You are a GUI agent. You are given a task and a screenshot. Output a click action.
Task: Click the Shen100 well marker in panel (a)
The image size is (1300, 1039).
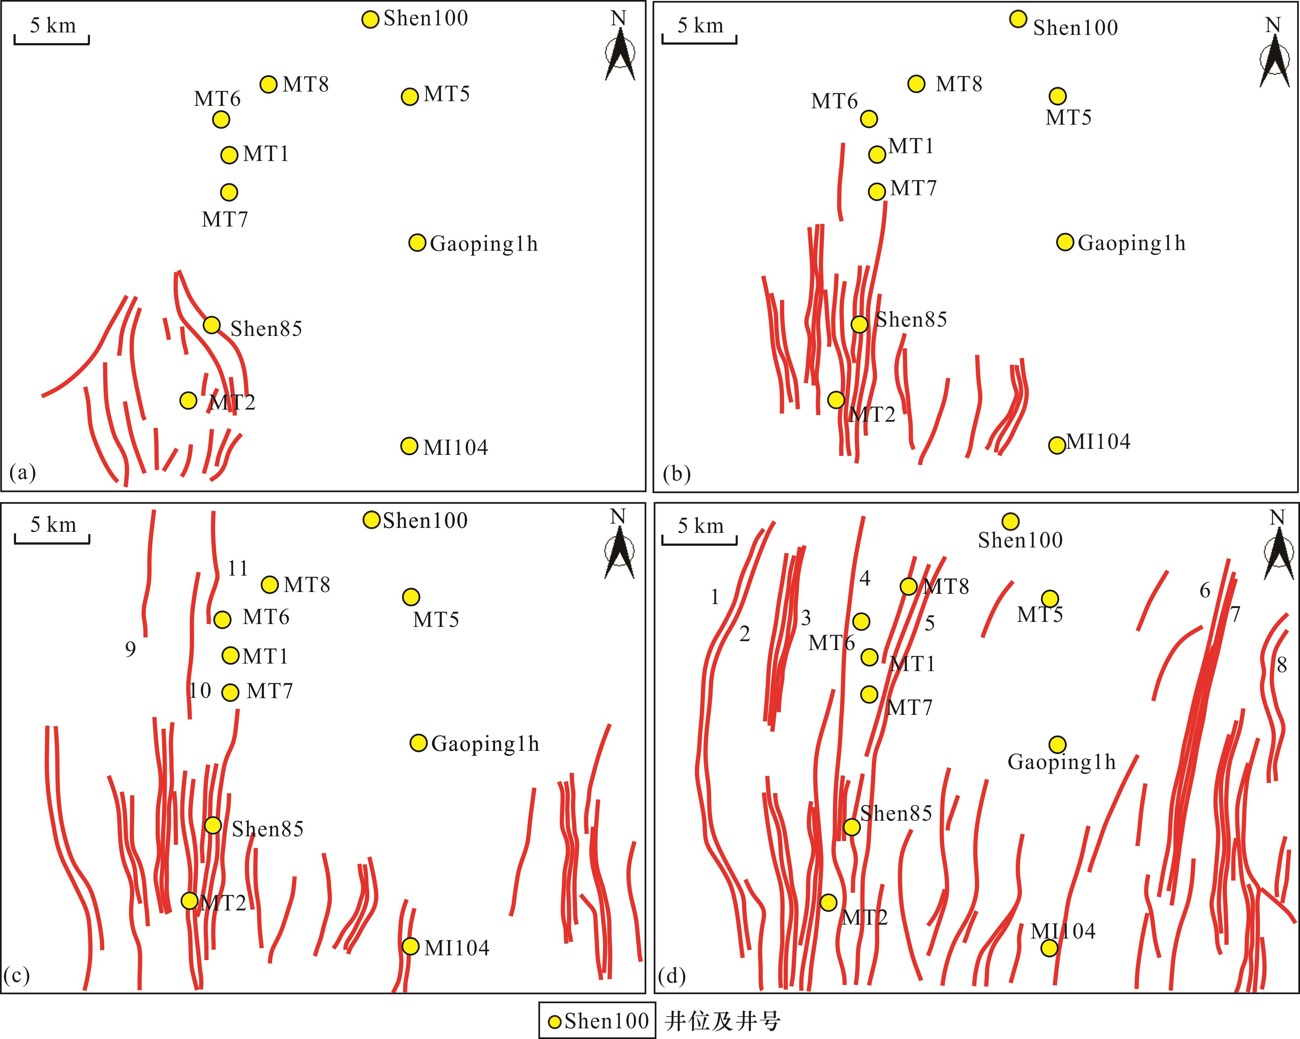[370, 19]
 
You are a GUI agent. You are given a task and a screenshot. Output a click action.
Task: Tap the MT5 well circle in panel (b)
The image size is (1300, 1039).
[1057, 96]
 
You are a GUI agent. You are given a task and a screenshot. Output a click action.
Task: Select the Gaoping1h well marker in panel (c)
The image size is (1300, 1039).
[418, 743]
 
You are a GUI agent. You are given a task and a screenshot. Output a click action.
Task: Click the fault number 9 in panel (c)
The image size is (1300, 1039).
[130, 649]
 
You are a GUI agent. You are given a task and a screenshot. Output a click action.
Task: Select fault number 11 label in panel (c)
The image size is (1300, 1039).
[238, 568]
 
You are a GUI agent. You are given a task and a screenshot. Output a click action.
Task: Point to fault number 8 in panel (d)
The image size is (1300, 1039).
[1282, 665]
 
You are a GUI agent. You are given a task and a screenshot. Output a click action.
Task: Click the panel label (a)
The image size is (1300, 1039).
[23, 473]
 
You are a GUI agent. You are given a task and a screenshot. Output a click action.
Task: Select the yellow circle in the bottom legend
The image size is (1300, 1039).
[555, 1022]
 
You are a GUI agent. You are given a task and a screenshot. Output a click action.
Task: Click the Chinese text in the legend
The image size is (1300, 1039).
[722, 1022]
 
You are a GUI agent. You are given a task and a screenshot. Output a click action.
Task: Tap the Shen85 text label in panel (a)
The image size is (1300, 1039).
[266, 329]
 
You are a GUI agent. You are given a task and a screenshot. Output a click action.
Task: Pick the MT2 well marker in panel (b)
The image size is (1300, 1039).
[836, 400]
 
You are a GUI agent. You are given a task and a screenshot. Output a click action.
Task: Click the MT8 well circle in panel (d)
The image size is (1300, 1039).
[909, 586]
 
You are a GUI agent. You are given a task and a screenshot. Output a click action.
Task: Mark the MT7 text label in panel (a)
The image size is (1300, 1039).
[224, 219]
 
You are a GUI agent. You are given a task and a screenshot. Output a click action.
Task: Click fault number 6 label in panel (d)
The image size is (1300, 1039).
[1205, 590]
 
